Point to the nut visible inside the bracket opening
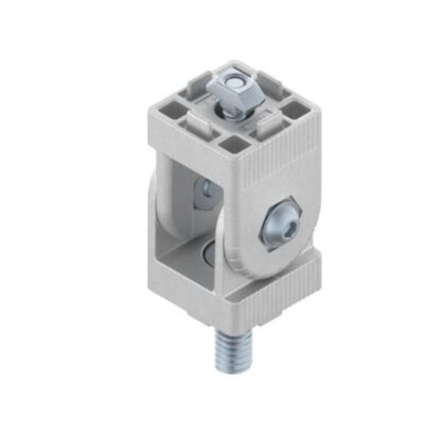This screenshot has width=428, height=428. point(205,195)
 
